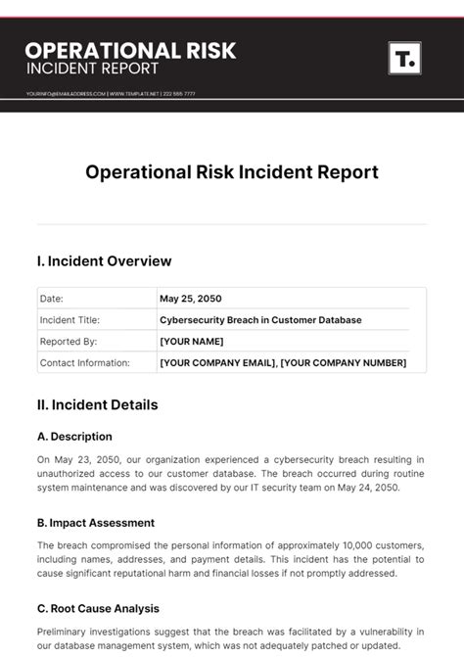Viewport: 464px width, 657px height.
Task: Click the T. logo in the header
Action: (x=404, y=59)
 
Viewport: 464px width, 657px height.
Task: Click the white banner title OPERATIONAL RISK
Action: (x=130, y=50)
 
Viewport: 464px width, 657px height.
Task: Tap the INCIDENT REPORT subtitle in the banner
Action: (x=92, y=69)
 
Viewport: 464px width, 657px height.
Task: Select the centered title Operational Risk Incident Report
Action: (x=232, y=172)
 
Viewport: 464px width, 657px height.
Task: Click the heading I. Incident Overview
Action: (x=104, y=261)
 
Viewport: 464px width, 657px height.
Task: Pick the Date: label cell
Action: (x=51, y=299)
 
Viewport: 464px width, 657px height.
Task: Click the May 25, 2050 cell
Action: (x=192, y=299)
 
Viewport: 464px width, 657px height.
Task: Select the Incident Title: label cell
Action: (x=70, y=320)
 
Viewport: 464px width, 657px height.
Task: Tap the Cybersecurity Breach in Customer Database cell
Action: (x=260, y=320)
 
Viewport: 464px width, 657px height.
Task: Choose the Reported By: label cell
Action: (x=68, y=342)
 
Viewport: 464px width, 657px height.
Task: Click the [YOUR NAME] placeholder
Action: (x=192, y=342)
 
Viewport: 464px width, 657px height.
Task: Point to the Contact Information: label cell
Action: (x=84, y=363)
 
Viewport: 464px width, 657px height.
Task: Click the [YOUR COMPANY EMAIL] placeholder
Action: (x=216, y=363)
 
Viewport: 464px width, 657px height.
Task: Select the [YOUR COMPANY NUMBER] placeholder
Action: (x=344, y=363)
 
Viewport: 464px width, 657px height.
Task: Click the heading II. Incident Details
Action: (x=97, y=404)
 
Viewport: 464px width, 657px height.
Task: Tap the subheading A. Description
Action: (x=74, y=437)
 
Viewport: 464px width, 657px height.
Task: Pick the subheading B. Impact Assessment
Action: (x=96, y=523)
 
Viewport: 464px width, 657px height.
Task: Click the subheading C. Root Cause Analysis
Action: (x=98, y=609)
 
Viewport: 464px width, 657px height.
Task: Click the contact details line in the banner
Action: (x=111, y=94)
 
